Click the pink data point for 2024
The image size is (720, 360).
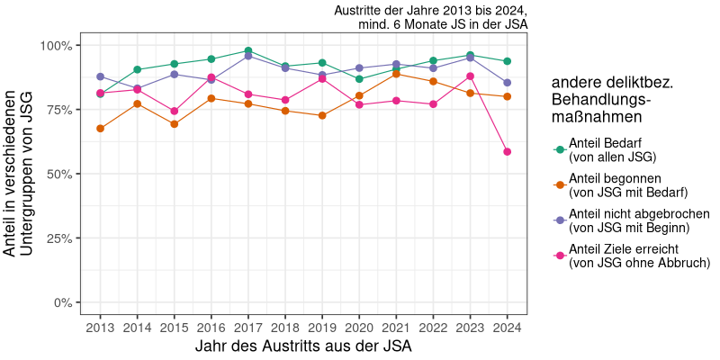coord(508,152)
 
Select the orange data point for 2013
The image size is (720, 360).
coord(100,129)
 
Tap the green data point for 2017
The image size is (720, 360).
coord(248,51)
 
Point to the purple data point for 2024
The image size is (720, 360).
coord(508,83)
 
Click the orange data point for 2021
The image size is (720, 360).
coord(397,74)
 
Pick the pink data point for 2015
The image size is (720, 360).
coord(175,112)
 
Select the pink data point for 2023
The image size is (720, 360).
coord(471,76)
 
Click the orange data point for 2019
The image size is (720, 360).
coord(322,116)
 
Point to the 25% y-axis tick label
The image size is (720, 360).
coord(59,238)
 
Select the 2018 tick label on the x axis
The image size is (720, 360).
coord(285,327)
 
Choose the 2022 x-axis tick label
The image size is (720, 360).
coord(434,327)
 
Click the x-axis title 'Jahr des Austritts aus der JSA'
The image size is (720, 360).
coord(303,346)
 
